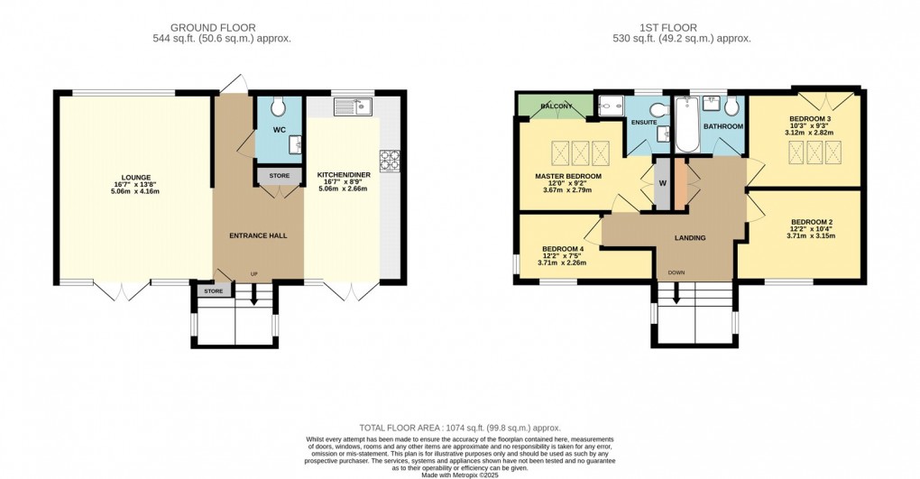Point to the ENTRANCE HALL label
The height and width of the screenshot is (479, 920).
(258, 235)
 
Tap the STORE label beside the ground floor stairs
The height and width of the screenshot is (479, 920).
(213, 291)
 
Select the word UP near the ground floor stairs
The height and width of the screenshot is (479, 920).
(253, 274)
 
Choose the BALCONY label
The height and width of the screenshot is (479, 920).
(556, 107)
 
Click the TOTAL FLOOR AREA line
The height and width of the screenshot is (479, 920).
(459, 428)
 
